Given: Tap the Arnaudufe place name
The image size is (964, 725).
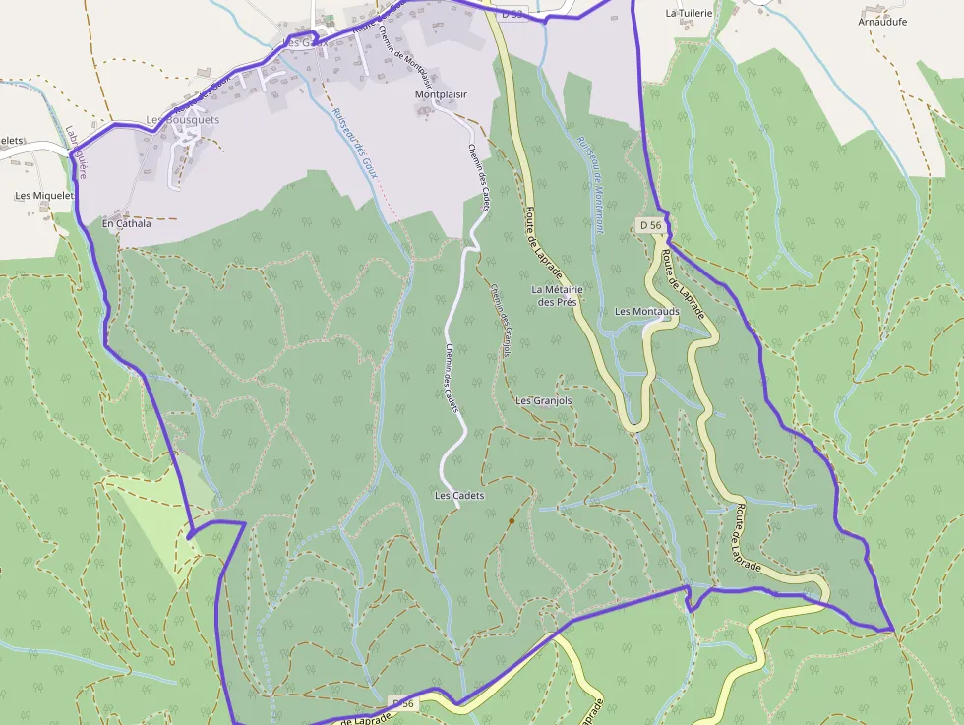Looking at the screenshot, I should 882,22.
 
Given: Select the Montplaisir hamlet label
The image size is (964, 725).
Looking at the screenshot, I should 440,95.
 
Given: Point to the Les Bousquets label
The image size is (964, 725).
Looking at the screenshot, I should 182,120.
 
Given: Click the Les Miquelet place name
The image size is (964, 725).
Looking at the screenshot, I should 44,196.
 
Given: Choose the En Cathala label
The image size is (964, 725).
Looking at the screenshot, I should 127,224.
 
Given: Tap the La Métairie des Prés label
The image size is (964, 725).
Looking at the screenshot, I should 557,296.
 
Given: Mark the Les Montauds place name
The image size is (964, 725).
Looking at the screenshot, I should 646,312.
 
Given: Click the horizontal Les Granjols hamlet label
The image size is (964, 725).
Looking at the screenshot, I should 543,401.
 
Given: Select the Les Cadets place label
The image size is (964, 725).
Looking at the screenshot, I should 459,496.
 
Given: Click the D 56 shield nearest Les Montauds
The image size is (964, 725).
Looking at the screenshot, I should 648,225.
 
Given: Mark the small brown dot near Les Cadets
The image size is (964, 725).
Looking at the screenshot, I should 512,520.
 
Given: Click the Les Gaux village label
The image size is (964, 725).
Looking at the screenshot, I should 304,42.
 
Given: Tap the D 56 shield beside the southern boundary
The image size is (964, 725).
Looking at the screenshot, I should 402,702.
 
